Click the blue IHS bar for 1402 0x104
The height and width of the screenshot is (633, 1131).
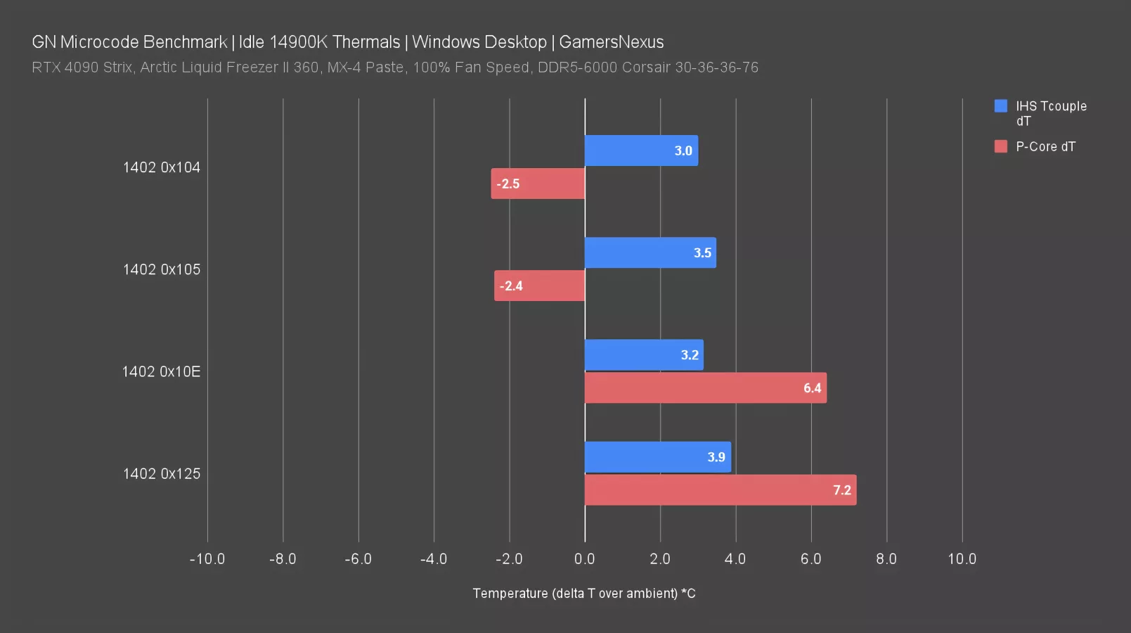[x=641, y=151]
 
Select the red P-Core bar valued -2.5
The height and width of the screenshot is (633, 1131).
[x=538, y=184]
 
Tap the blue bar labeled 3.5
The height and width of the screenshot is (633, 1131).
[x=650, y=252]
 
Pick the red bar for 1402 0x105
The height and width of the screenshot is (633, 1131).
[x=539, y=286]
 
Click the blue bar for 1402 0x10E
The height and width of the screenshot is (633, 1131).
[x=644, y=355]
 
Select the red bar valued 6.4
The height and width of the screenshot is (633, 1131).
[x=706, y=388]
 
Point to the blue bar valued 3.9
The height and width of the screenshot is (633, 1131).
[x=658, y=457]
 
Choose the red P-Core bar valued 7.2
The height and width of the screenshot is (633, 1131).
[x=720, y=490]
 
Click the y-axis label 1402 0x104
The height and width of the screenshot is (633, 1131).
[x=162, y=167]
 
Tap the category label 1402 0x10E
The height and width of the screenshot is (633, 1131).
[x=161, y=371]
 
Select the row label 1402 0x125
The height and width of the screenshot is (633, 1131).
[x=162, y=473]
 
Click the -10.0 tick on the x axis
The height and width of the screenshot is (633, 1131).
[x=207, y=559]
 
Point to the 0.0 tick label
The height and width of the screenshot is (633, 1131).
[x=585, y=559]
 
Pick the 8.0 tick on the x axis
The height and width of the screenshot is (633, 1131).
[x=886, y=559]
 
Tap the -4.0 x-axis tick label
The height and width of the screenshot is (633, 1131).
[x=434, y=559]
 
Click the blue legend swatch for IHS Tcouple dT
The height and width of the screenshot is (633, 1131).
[x=1001, y=106]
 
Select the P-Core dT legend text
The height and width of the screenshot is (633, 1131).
[x=1045, y=146]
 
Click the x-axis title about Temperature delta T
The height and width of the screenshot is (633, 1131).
[x=584, y=594]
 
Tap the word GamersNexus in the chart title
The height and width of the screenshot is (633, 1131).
[x=611, y=42]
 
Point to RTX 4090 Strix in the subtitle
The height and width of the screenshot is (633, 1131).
[x=82, y=68]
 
